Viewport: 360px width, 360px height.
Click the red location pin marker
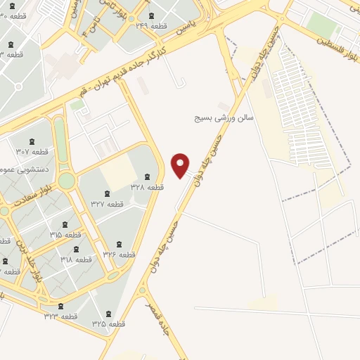click(181, 165)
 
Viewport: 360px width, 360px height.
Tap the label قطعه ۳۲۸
click(148, 187)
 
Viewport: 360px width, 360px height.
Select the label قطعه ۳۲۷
click(107, 204)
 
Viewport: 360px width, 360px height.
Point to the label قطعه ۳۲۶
click(119, 253)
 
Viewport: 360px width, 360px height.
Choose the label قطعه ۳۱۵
click(65, 234)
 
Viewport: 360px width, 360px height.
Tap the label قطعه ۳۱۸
click(76, 259)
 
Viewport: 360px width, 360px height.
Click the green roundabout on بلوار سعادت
click(66, 181)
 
